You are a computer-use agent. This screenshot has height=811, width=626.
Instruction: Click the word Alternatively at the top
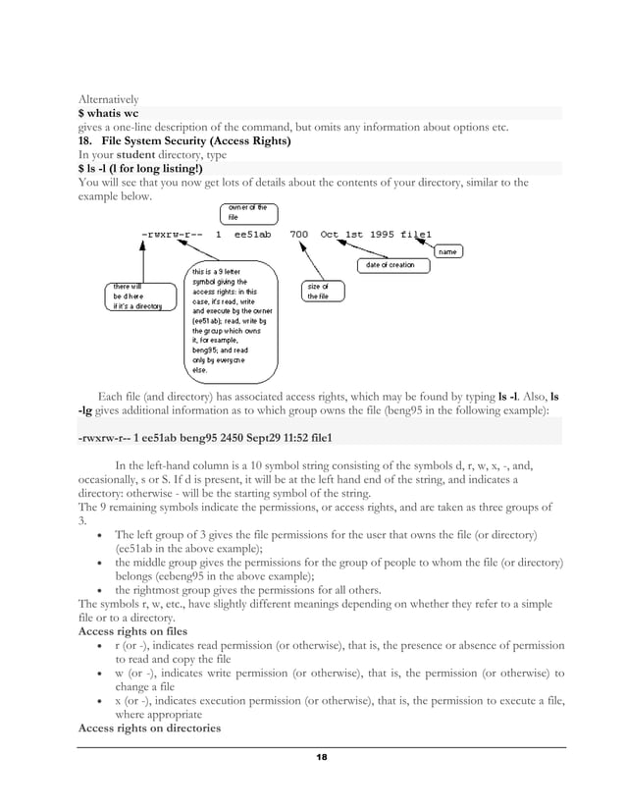108,99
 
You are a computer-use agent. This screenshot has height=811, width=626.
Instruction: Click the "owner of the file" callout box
240,212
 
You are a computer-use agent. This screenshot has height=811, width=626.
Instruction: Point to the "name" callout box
446,252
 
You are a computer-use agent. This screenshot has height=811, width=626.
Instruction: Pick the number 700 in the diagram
299,235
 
